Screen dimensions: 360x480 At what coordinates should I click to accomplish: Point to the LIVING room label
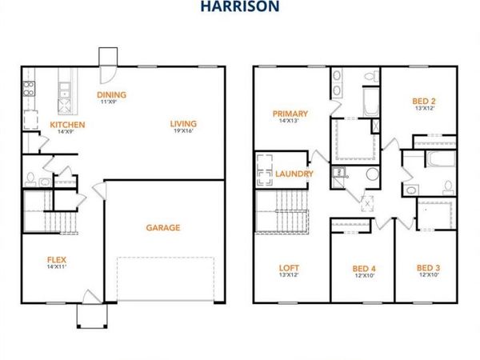183,123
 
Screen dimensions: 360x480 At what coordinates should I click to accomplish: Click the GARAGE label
162,227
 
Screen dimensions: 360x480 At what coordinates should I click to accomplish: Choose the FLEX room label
56,259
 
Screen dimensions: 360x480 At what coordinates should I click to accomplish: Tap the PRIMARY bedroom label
290,114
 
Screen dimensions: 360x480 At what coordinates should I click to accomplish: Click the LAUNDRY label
294,174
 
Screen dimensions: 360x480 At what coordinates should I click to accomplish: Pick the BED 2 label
423,100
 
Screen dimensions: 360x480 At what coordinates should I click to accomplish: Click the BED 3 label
428,267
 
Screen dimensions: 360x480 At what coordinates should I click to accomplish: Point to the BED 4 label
364,267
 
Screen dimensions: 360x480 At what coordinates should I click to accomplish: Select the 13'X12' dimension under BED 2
423,109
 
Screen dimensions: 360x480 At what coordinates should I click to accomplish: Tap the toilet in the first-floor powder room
30,178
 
